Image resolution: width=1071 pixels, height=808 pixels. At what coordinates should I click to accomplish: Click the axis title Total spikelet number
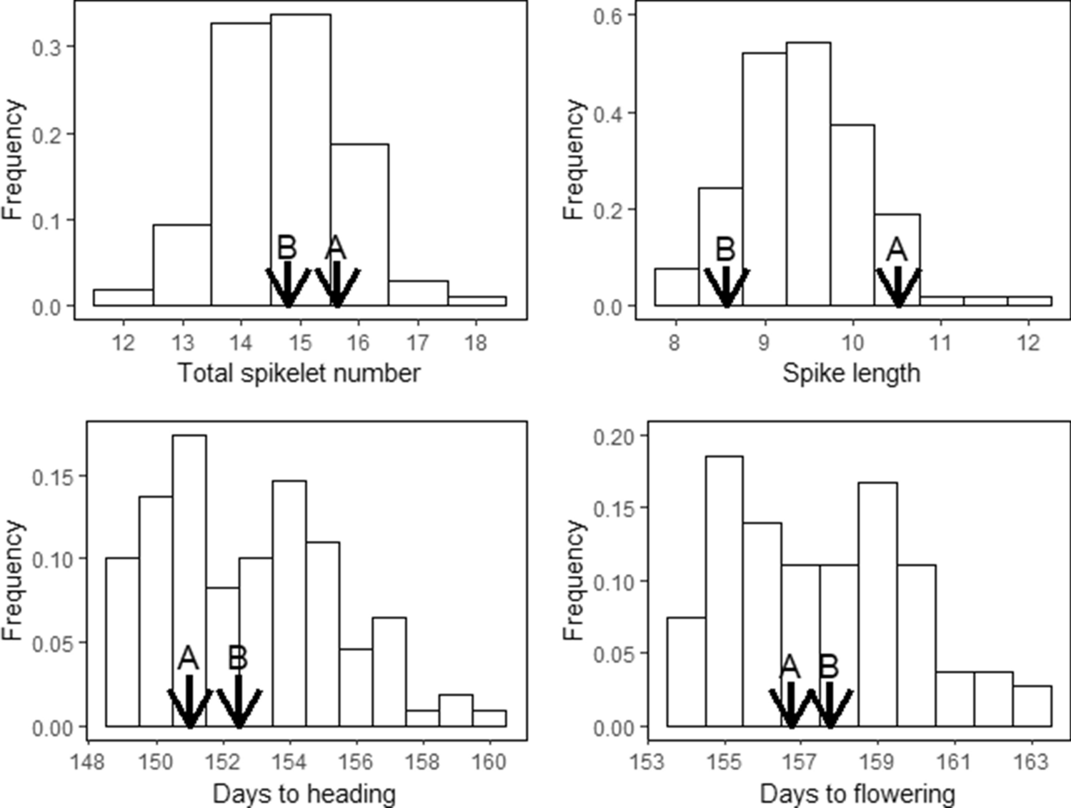[299, 373]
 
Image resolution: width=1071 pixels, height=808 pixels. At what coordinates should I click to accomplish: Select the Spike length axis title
[850, 373]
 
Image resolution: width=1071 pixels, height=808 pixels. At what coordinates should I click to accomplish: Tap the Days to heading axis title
[304, 793]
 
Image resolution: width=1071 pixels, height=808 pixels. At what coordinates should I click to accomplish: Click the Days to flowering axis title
[857, 793]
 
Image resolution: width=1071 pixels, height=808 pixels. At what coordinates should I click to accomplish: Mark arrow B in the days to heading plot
[239, 703]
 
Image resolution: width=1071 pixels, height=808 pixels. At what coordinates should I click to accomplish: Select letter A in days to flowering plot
[789, 667]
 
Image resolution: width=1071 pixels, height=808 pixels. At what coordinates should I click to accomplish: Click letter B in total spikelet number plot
[287, 248]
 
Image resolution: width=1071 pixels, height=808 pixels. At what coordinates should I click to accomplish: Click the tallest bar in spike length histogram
[808, 171]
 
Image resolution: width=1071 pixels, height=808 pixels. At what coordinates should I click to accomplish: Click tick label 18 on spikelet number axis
[475, 343]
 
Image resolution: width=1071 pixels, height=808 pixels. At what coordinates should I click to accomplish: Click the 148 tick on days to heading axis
[89, 762]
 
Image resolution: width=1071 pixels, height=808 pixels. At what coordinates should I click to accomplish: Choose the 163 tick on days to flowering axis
[1030, 762]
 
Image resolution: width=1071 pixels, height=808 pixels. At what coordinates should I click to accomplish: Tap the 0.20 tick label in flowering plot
[612, 436]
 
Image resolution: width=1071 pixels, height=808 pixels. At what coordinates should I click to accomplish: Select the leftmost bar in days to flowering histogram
[686, 671]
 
